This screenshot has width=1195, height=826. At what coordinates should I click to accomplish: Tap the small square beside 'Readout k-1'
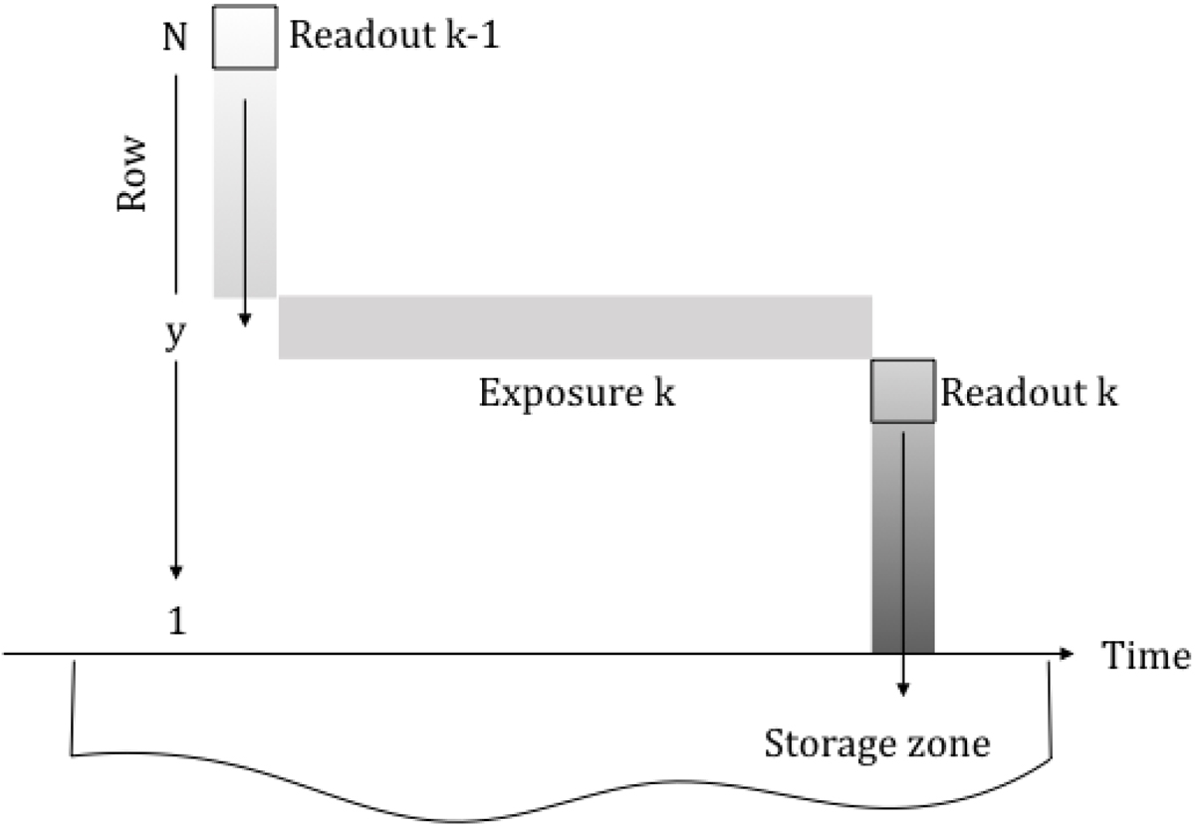(x=245, y=38)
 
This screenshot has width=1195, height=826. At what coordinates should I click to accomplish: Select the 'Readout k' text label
(x=1028, y=392)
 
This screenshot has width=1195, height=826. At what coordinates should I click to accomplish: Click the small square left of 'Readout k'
(x=903, y=391)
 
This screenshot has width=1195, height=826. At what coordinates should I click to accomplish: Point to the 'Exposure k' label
(x=577, y=393)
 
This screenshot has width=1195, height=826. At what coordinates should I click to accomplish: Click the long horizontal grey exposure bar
(x=576, y=327)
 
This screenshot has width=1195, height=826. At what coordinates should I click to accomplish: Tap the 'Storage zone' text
(x=876, y=742)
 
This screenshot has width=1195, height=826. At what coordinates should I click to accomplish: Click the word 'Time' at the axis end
(x=1145, y=656)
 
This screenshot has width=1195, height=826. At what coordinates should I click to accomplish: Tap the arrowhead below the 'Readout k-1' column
(x=244, y=320)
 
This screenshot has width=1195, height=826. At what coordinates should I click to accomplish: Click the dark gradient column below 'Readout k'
(x=903, y=557)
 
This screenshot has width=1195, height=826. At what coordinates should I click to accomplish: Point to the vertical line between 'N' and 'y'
(x=176, y=179)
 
